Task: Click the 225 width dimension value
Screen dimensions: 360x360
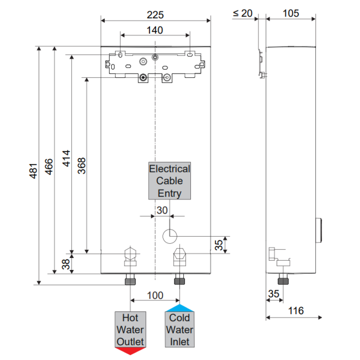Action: tap(155, 15)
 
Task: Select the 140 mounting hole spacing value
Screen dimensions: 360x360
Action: tap(155, 30)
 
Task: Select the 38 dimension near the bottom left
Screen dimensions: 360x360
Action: tap(66, 264)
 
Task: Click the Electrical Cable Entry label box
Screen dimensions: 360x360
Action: tap(170, 181)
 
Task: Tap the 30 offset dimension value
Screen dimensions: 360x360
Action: tap(162, 210)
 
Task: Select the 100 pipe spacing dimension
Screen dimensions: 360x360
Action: tap(155, 295)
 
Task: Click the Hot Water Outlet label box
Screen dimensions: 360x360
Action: tap(130, 329)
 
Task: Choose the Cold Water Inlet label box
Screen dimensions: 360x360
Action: tap(180, 329)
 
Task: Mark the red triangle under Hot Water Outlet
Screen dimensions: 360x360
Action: tap(130, 351)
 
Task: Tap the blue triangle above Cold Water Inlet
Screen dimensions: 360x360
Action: tap(180, 308)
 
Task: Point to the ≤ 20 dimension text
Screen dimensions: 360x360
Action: tap(243, 13)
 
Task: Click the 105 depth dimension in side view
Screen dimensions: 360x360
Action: tap(291, 13)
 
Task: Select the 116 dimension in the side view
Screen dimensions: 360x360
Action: tap(296, 311)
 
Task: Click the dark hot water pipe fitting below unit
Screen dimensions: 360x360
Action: tap(130, 281)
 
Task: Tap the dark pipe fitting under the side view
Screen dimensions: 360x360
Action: tap(283, 280)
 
